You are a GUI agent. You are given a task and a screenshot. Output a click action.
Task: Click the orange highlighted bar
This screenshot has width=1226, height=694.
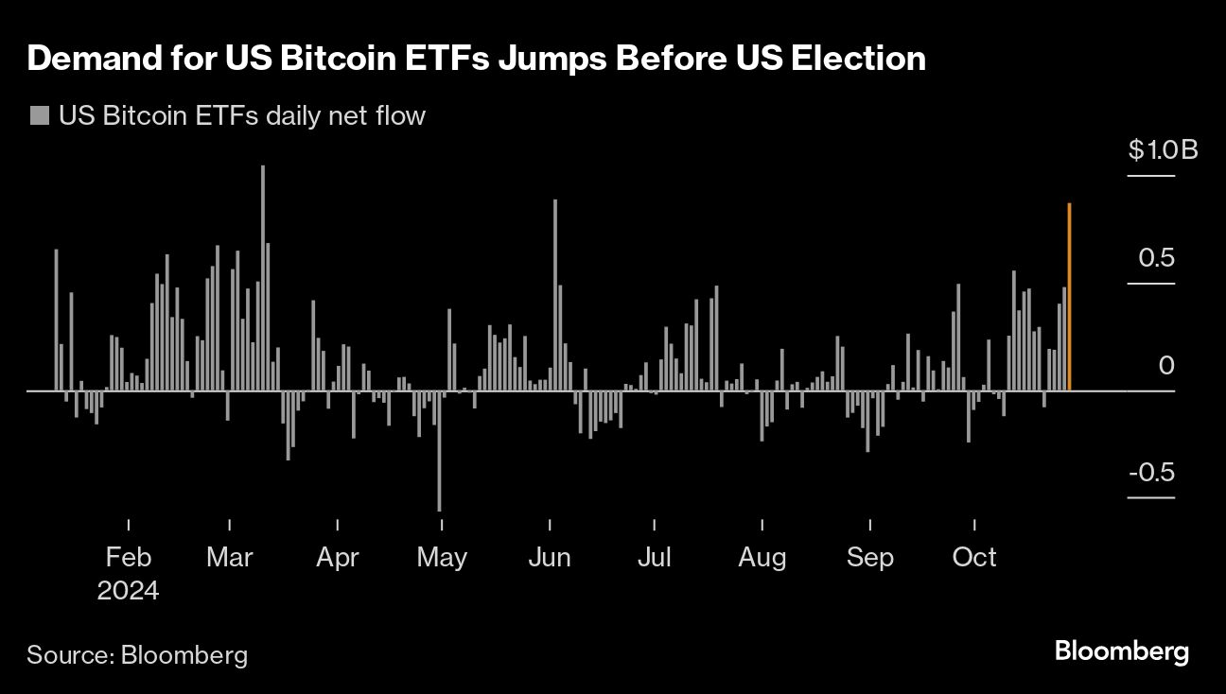point(1069,297)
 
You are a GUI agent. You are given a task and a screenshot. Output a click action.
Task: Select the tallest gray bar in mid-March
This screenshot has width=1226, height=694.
point(263,278)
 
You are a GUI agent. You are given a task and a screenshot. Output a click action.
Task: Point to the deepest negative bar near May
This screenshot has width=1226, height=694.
point(439,451)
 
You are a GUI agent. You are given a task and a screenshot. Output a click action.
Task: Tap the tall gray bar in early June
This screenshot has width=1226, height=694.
point(555,295)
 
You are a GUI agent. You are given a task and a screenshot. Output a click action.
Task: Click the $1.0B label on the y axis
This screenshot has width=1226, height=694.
point(1163,150)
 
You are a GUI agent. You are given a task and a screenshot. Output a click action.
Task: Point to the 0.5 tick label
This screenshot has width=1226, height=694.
point(1154,258)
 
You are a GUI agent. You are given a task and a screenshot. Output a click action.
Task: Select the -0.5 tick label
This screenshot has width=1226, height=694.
point(1149,472)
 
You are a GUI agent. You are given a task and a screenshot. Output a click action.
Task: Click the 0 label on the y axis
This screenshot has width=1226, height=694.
point(1166,365)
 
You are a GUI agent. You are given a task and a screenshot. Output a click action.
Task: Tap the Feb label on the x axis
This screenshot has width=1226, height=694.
point(128,557)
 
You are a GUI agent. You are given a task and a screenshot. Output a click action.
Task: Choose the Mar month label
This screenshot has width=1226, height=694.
point(229,557)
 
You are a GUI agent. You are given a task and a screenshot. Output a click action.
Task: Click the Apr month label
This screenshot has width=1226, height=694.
point(337,557)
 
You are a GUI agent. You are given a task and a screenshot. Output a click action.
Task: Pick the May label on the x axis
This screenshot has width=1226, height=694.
point(442,557)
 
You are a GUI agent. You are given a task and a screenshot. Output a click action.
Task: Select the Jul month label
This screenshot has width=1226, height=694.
point(654,557)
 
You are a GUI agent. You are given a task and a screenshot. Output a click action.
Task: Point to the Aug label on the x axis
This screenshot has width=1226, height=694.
point(762,557)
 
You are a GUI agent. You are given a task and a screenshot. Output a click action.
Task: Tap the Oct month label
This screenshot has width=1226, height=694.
point(974,557)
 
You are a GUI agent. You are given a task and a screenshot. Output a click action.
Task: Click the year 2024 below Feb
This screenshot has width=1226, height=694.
point(128,591)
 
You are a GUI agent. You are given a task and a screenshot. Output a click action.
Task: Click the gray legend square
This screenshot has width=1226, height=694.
point(40,116)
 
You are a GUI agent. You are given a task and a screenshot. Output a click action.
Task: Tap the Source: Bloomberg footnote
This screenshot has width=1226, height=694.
point(137,654)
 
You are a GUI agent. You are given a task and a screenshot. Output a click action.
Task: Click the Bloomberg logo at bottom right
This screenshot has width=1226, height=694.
point(1121,651)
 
